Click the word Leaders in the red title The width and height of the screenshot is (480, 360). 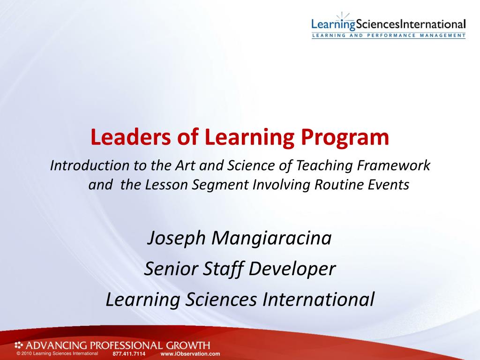[131, 137]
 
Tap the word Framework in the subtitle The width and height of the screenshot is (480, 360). [394, 165]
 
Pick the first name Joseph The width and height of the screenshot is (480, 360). [176, 239]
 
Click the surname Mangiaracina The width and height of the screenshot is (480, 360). [271, 239]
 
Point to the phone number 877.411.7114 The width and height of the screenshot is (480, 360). [129, 354]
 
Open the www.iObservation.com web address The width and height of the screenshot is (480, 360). [190, 354]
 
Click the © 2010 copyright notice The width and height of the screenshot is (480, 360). [58, 353]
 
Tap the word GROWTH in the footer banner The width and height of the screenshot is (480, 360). [188, 345]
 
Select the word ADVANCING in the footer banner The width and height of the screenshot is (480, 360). [56, 345]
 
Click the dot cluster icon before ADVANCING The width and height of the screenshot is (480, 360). [19, 345]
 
